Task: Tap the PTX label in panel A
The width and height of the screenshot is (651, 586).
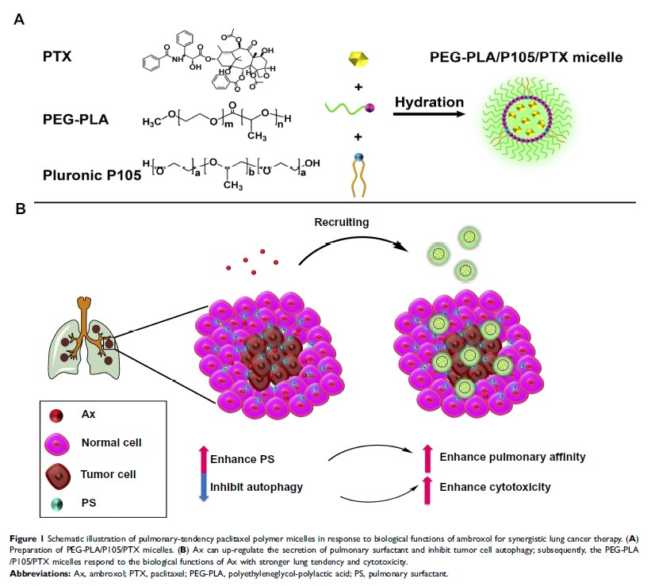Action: pos(57,58)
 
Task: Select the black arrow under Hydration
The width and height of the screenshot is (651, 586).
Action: pos(429,115)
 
